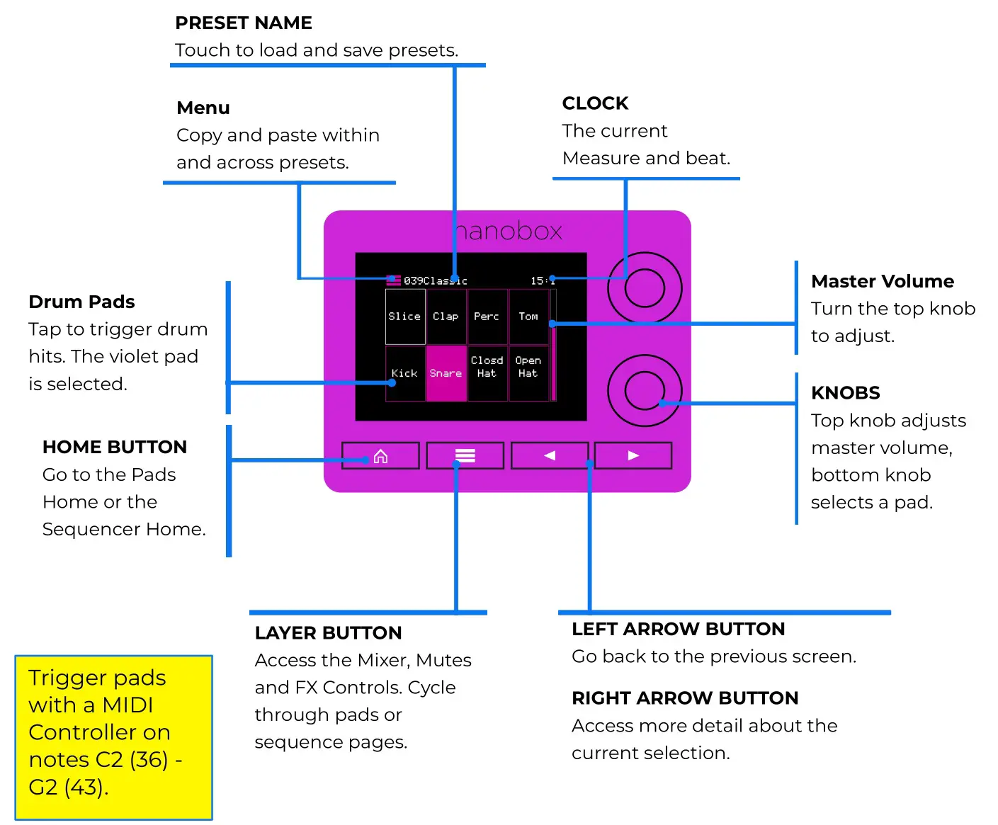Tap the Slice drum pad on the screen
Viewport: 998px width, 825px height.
coord(405,317)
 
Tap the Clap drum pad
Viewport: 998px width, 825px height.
coord(446,317)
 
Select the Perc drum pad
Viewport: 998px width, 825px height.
coord(487,317)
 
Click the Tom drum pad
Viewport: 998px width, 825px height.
coord(528,317)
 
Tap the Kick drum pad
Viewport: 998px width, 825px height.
coord(405,373)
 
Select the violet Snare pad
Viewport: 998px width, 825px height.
coord(446,373)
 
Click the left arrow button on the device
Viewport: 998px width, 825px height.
coord(550,455)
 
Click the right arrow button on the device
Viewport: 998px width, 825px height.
coord(633,455)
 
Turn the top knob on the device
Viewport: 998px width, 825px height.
coord(645,288)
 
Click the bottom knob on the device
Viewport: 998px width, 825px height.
coord(645,390)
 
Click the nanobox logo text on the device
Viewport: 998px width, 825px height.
coord(509,231)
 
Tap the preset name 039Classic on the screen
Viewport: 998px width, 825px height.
coord(435,281)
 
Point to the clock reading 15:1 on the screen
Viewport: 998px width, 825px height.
coord(542,281)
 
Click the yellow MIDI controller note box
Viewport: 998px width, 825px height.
coord(113,737)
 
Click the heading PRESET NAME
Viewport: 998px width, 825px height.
coord(244,23)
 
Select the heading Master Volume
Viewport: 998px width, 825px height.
coord(883,282)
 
